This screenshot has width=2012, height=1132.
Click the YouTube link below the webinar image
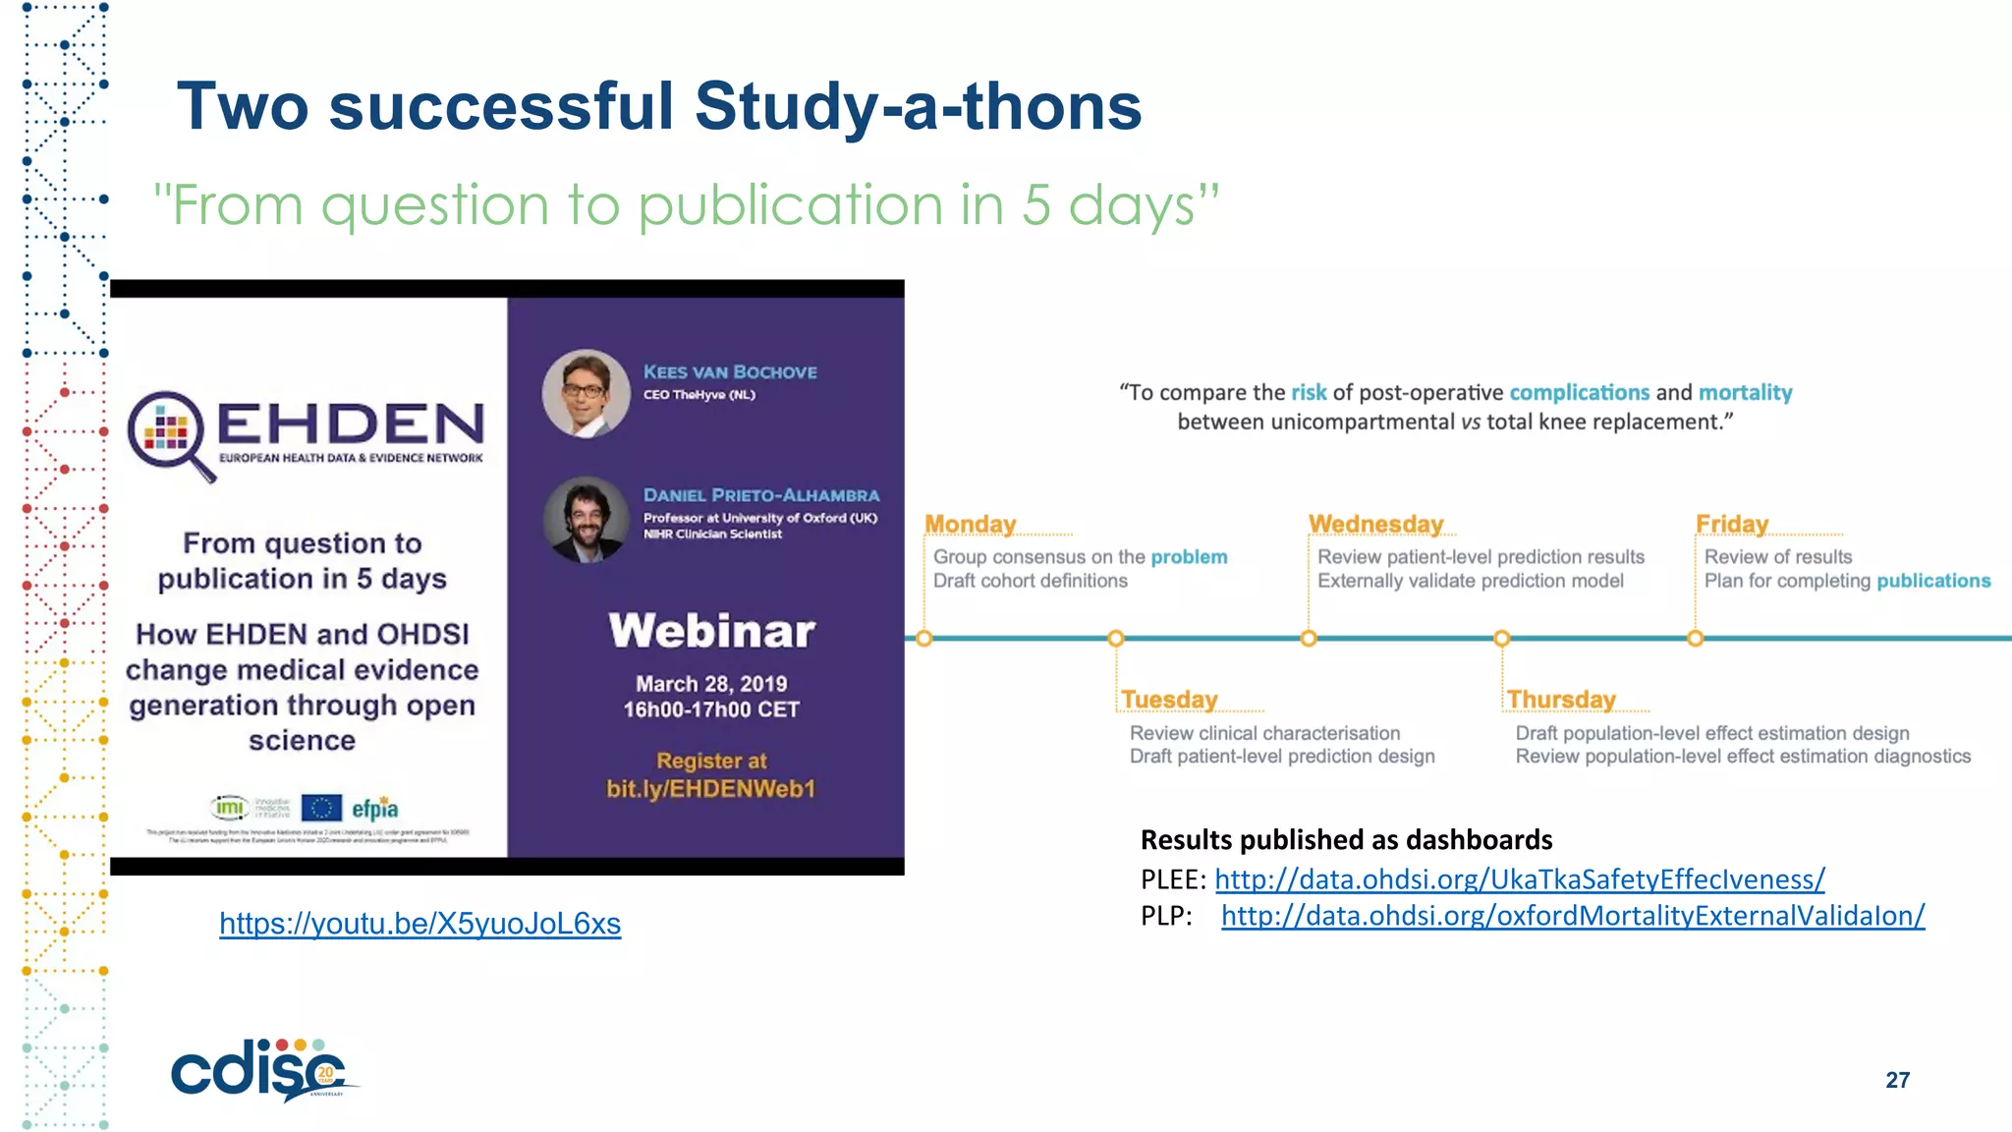tap(419, 924)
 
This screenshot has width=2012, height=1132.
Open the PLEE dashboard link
tap(1519, 879)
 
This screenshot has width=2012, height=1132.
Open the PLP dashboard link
tap(1572, 916)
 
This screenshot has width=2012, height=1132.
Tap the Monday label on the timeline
tap(970, 525)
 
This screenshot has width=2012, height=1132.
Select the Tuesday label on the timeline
tap(1169, 700)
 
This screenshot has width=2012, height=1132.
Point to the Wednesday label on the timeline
tap(1375, 525)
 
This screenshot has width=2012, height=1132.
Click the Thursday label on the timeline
tap(1561, 700)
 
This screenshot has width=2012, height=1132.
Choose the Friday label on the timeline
tap(1731, 525)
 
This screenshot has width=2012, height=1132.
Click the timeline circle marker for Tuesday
tap(1115, 639)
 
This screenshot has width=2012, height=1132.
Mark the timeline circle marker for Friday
tap(1695, 639)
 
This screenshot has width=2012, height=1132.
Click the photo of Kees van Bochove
tap(587, 393)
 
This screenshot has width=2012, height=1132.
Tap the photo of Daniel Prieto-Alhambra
tap(587, 519)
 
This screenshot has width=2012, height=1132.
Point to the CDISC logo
tap(260, 1071)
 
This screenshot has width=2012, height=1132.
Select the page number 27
tap(1897, 1080)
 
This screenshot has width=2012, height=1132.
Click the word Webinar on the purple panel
tap(711, 632)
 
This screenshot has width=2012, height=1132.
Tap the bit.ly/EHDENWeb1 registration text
tap(710, 789)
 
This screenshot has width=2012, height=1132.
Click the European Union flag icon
tap(321, 808)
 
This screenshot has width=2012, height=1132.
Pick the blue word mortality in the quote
tap(1745, 393)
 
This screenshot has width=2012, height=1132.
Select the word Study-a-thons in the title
tap(918, 106)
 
